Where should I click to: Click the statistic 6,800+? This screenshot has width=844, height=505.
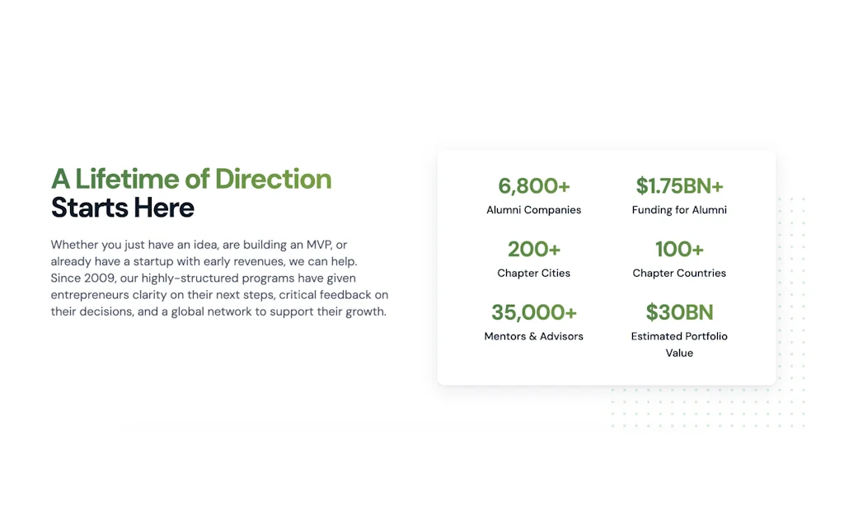[534, 186]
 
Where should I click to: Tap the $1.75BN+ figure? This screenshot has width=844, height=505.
[679, 186]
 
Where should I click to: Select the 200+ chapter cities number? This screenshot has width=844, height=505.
[534, 249]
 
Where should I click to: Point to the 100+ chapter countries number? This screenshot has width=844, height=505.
[679, 249]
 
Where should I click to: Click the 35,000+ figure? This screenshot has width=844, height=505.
[534, 312]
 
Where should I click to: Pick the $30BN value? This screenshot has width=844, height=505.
[679, 312]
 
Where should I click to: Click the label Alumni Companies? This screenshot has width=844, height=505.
[534, 210]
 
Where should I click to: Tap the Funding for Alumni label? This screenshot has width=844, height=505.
[679, 210]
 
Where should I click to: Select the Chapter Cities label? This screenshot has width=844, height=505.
[534, 273]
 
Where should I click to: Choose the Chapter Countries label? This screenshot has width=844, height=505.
[679, 273]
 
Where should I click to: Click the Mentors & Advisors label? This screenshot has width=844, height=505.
[534, 336]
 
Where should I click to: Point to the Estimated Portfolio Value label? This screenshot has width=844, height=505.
[679, 344]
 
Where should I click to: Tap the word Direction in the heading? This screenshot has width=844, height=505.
[273, 179]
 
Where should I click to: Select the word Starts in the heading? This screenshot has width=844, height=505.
[90, 208]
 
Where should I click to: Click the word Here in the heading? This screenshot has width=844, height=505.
[165, 208]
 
